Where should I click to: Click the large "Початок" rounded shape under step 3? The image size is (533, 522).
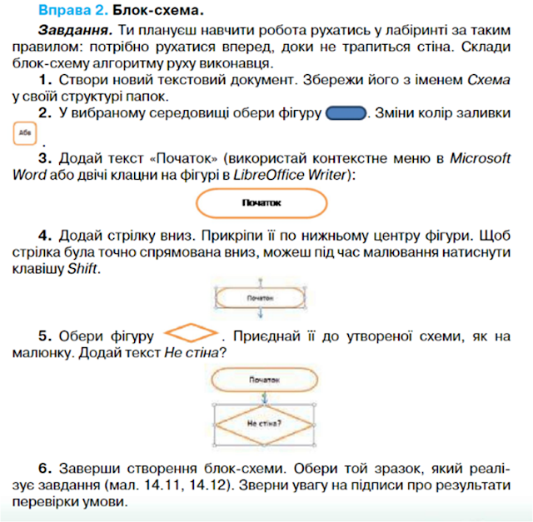262,202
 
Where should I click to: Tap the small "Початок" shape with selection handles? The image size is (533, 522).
262,297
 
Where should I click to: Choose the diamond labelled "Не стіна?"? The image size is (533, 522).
262,422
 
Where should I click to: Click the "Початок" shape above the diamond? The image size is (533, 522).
262,380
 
